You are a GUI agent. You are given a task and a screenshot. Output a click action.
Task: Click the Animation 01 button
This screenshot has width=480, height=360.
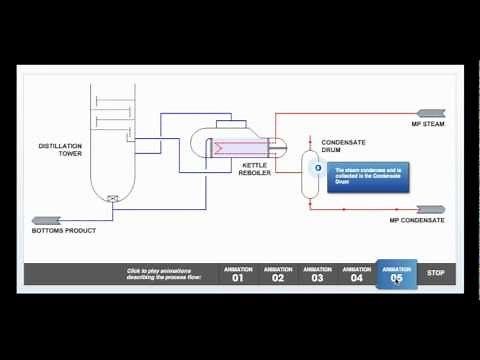[238, 273]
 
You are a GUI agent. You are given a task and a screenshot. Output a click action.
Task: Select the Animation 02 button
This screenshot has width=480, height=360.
[278, 273]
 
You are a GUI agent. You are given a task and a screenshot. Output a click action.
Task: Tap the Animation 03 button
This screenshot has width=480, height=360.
[317, 273]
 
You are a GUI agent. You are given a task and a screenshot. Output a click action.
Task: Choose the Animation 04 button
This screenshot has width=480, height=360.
[357, 273]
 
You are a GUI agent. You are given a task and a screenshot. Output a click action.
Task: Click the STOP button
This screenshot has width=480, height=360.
[435, 272]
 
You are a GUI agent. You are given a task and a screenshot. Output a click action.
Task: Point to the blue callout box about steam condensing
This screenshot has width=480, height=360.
[368, 176]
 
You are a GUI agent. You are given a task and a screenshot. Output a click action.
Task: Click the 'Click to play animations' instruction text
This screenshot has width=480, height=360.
[164, 273]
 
